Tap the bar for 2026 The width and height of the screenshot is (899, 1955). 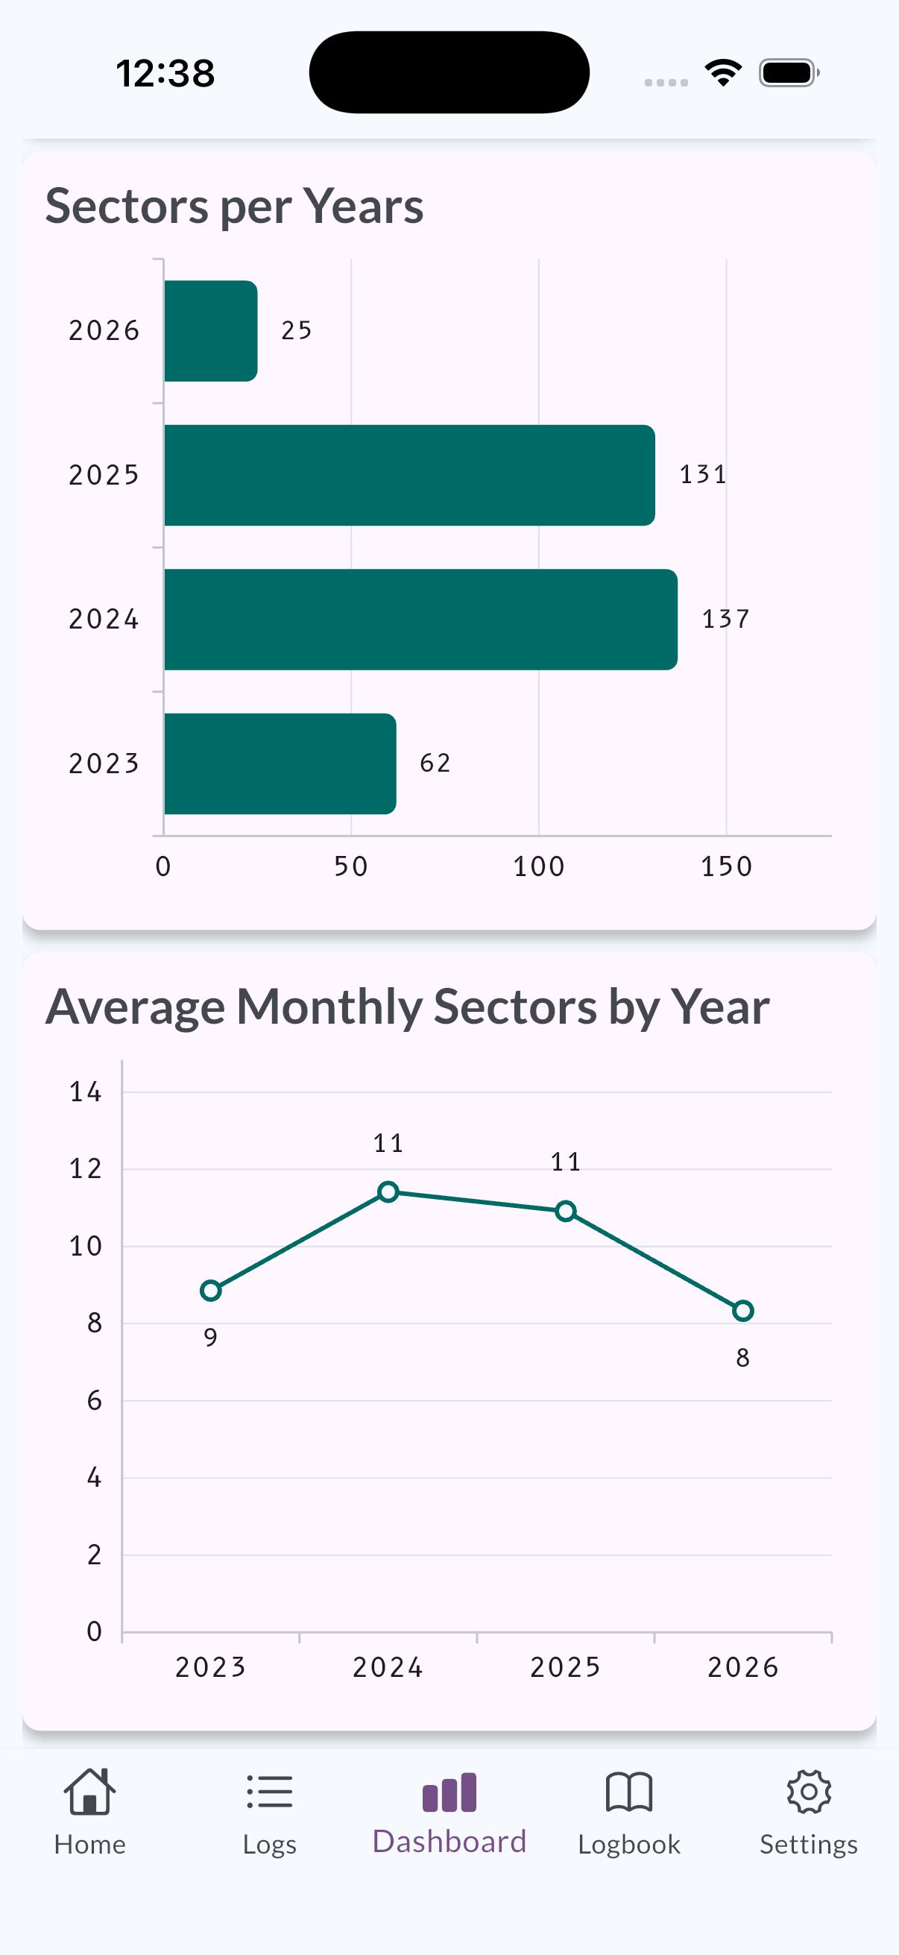click(210, 331)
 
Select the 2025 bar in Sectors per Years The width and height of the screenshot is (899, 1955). click(409, 475)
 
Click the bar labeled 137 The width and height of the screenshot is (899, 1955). click(420, 620)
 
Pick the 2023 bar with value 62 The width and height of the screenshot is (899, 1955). click(280, 764)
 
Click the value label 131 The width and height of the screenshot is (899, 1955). click(702, 474)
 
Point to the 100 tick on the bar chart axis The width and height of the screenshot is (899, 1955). click(539, 866)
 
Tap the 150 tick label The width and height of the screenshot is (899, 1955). click(726, 866)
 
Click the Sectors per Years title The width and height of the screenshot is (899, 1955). click(234, 207)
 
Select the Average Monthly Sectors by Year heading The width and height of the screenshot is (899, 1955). click(408, 1007)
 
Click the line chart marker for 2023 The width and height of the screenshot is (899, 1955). click(211, 1290)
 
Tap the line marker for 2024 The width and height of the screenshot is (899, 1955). click(388, 1192)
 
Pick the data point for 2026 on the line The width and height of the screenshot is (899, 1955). click(742, 1311)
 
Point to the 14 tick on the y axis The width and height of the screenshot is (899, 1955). click(85, 1092)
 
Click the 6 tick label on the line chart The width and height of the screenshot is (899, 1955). click(94, 1400)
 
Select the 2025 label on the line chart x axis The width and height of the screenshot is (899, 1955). click(565, 1667)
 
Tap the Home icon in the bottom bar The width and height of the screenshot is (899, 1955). click(89, 1792)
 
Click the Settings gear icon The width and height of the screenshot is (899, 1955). click(809, 1792)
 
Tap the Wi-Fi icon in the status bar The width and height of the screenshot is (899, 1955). click(723, 73)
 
